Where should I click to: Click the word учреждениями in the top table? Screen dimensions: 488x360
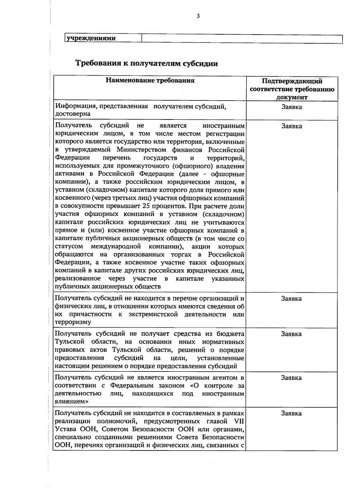[91, 39]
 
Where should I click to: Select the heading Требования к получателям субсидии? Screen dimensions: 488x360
[146, 64]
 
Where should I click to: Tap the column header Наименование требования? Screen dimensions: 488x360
[150, 80]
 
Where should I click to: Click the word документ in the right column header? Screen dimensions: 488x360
[292, 97]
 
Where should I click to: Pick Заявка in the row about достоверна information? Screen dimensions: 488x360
[292, 107]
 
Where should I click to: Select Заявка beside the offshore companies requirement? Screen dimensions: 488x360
[292, 126]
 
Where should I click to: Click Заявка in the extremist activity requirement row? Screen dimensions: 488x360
[292, 299]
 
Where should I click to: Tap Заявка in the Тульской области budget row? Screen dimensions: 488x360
[292, 334]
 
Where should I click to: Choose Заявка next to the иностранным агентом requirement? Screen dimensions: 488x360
[292, 378]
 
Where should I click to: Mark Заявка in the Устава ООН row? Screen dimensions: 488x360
[292, 413]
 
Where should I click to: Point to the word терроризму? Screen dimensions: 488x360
[73, 322]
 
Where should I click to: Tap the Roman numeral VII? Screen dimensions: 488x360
[239, 421]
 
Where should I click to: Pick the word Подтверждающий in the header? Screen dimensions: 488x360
[292, 81]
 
